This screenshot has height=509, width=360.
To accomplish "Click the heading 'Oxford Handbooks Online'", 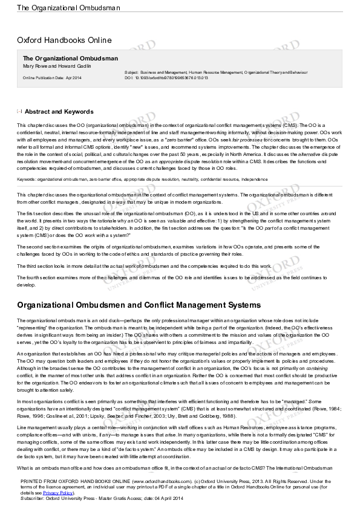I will [64, 41].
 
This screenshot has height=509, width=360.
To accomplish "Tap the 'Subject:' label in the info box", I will [131, 72].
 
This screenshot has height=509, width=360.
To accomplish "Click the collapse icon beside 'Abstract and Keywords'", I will [19, 111].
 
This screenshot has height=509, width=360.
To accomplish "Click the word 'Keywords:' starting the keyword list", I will [27, 180].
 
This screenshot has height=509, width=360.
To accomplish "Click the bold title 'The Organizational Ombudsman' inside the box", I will [70, 58].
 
